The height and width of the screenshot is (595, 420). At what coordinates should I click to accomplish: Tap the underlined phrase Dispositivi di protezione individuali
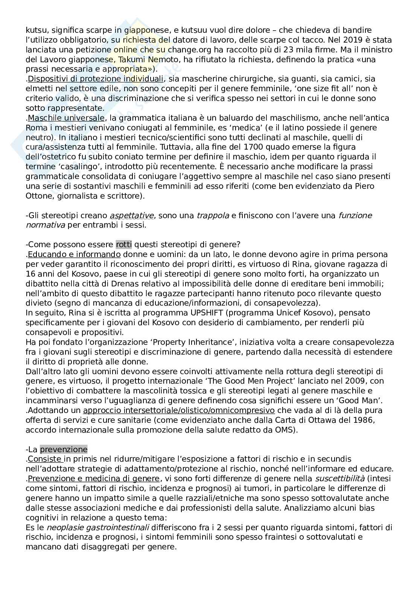[96, 79]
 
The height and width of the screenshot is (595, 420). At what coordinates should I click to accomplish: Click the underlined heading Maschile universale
[66, 118]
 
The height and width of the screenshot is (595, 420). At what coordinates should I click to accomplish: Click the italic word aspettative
[131, 216]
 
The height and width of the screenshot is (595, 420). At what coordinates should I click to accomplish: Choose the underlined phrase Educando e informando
[74, 255]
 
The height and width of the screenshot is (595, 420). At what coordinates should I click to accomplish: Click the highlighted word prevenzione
[64, 450]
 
